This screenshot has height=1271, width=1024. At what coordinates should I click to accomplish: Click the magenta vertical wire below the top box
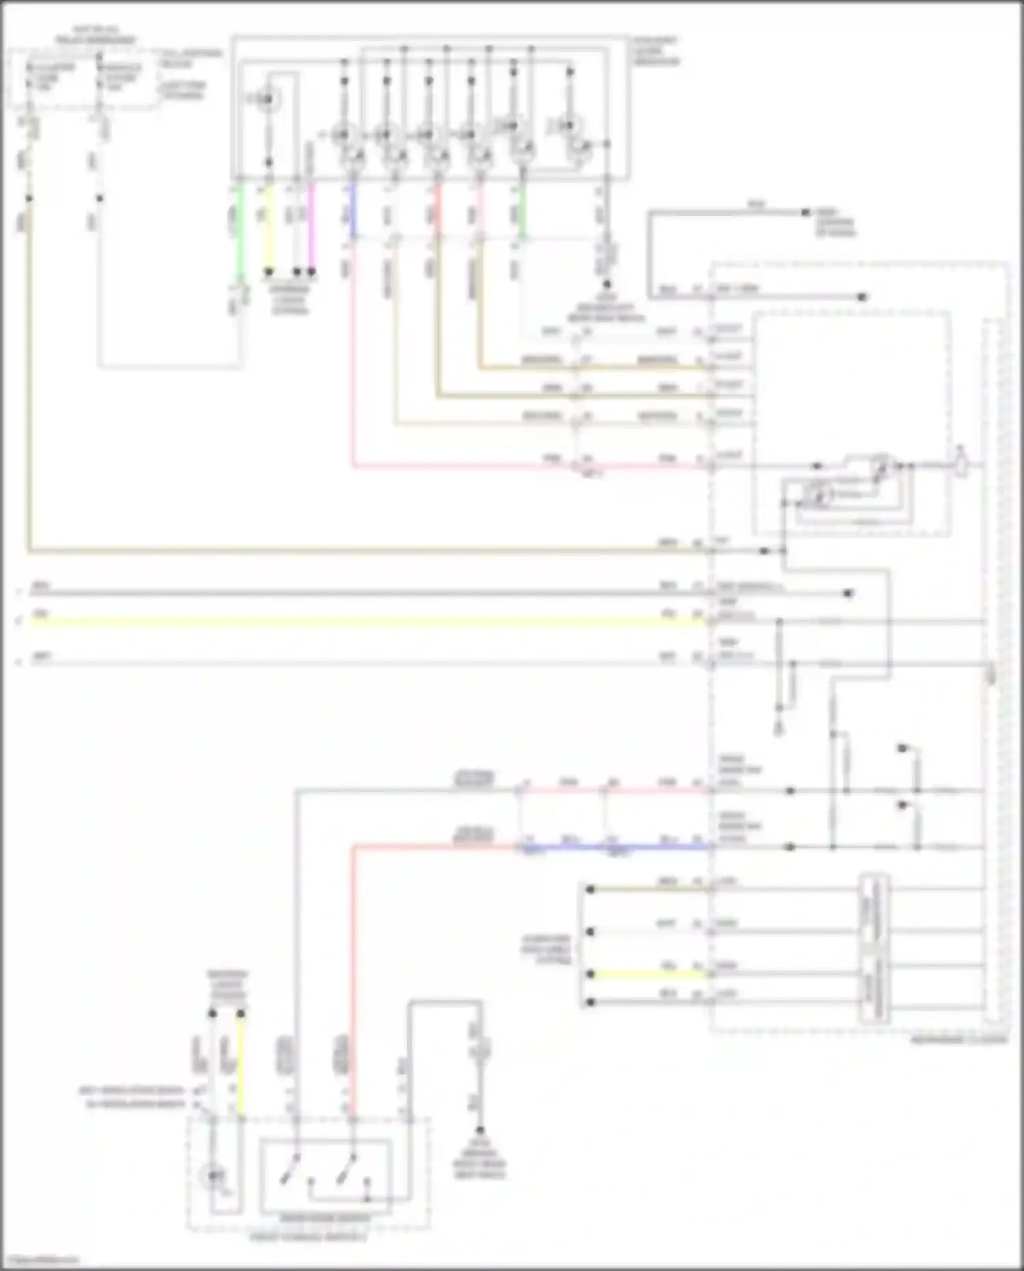tap(311, 225)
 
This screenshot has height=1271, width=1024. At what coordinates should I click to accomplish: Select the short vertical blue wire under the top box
tap(353, 212)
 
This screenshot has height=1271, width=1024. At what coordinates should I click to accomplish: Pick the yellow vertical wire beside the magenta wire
tap(269, 225)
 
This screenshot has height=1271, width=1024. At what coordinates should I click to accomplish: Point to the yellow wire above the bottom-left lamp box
tap(240, 1065)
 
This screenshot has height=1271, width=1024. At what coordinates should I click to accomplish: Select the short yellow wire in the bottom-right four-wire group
tap(649, 975)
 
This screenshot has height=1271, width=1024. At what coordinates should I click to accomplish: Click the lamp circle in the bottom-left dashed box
tap(213, 1175)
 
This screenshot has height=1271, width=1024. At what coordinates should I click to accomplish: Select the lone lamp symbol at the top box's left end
tap(267, 100)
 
